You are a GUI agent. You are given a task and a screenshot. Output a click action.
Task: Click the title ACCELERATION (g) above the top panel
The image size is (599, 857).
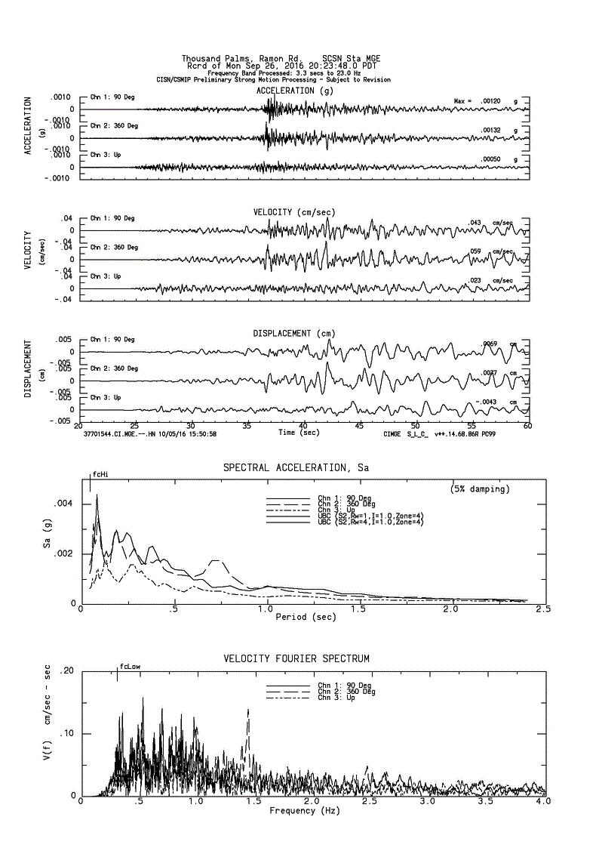coord(294,91)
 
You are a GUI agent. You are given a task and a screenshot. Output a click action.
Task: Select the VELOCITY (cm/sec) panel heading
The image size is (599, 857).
coord(294,212)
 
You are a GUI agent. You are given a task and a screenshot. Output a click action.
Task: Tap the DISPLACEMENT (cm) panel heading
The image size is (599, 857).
coord(294,333)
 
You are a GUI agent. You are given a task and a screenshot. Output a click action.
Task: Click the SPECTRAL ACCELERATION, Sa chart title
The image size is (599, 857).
coord(296,468)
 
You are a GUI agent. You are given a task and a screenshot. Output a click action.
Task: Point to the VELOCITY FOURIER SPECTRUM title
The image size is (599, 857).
coord(296,659)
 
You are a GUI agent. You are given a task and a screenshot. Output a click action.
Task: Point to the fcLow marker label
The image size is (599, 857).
coord(130,667)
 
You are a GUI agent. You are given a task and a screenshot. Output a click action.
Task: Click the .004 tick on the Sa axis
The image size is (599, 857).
coord(65,504)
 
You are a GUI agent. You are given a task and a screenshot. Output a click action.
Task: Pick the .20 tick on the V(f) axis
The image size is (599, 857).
coord(66,671)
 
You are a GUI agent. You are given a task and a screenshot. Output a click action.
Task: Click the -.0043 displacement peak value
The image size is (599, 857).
coord(491,402)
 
